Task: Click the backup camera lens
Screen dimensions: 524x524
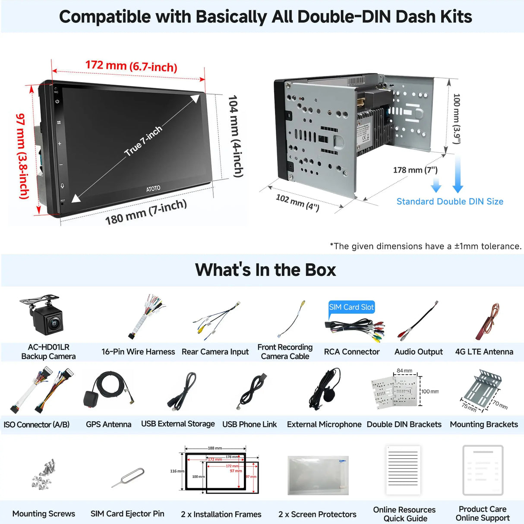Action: coord(54,322)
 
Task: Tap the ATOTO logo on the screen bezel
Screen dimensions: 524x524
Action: coord(153,188)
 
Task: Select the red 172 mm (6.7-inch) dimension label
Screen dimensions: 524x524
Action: coord(131,66)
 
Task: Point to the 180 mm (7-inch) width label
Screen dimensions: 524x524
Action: coord(146,212)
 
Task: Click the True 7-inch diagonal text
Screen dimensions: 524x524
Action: coord(143,141)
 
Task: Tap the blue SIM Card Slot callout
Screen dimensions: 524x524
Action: coord(351,307)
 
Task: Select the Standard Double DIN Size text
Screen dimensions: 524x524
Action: coord(450,202)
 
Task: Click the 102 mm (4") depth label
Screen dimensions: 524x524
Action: coord(297,202)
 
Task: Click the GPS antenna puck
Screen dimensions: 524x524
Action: coord(91,399)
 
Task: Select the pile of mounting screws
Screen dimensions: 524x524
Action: coord(44,474)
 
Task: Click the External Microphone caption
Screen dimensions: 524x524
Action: coord(324,424)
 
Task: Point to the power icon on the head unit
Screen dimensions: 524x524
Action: coord(57,101)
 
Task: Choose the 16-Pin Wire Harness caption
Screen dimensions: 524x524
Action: coord(138,352)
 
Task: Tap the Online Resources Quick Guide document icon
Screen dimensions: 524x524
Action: coord(403,470)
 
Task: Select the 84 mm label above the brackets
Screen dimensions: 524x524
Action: coord(404,371)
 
